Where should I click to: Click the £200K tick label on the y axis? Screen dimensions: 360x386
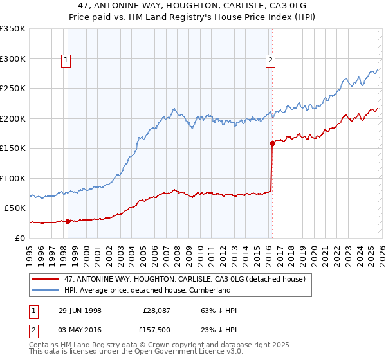pos(13,118)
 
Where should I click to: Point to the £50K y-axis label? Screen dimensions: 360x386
pos(15,208)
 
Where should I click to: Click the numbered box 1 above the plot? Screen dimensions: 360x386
pos(67,61)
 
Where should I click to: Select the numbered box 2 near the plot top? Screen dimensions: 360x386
pos(270,61)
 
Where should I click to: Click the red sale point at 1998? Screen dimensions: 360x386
pos(68,221)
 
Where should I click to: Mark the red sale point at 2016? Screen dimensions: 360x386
pos(271,144)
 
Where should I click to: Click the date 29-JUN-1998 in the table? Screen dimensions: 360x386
pos(76,310)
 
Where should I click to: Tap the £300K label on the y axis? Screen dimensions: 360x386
pos(13,59)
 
